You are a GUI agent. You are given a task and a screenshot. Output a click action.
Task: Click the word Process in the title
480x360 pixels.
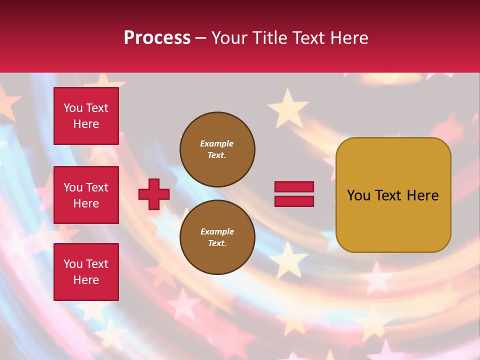(157, 38)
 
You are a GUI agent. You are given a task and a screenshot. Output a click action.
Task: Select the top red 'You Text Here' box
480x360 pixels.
(86, 116)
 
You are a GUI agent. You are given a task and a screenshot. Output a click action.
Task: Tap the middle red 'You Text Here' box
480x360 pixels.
(86, 195)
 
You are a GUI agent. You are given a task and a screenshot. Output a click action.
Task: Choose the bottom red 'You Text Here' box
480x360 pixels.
(86, 272)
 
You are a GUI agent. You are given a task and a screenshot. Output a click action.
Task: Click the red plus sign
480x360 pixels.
(154, 194)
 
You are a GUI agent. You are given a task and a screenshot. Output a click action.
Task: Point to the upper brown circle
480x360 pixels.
(217, 149)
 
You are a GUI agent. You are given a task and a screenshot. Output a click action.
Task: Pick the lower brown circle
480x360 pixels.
(217, 237)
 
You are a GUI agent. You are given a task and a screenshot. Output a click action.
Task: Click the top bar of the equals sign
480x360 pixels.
(294, 187)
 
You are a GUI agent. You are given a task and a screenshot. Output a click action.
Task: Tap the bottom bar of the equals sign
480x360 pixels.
(294, 201)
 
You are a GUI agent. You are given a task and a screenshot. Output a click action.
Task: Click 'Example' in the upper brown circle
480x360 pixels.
(217, 143)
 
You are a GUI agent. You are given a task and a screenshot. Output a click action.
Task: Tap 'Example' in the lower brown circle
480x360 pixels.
(217, 231)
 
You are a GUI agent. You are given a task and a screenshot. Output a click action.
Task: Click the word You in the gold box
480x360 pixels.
(358, 195)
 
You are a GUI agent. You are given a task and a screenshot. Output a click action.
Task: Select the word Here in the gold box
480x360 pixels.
(423, 195)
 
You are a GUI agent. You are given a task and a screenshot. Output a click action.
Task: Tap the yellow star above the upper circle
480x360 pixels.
(288, 107)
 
